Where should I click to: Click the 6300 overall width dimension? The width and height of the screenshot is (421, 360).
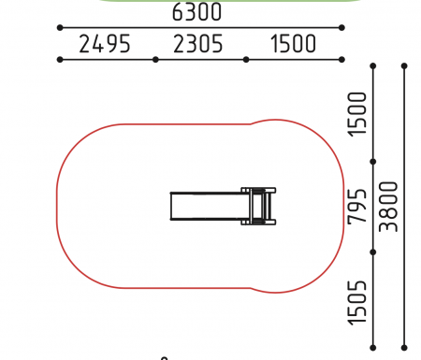click(x=196, y=12)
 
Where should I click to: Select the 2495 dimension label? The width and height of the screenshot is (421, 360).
click(x=105, y=44)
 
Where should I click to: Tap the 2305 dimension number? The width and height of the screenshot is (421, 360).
click(x=198, y=44)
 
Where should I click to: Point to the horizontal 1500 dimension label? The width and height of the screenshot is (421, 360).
click(x=293, y=44)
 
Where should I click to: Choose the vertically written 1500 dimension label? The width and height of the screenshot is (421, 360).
click(x=357, y=114)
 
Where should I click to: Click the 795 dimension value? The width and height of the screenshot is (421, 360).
click(x=357, y=207)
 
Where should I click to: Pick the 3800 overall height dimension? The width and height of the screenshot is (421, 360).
click(x=388, y=207)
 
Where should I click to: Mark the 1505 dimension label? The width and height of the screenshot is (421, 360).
click(x=357, y=303)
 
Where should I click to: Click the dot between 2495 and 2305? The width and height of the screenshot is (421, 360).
click(x=155, y=60)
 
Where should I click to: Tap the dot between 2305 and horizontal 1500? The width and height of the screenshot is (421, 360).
click(x=246, y=60)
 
